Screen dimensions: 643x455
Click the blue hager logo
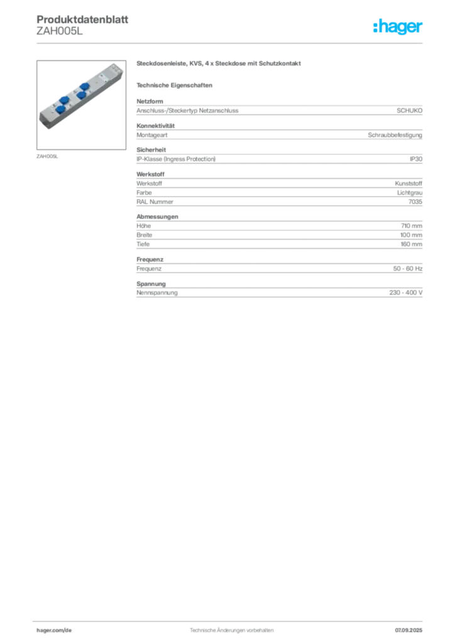click(x=398, y=28)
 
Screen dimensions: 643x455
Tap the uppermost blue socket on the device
click(x=84, y=86)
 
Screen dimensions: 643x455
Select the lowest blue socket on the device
click(x=60, y=110)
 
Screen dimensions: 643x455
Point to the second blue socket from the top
click(x=81, y=95)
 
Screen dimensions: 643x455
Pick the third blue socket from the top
click(x=63, y=100)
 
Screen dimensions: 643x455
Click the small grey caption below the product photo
click(x=48, y=156)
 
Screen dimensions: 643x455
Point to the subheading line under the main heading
click(x=177, y=85)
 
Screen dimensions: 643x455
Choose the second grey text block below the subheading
click(x=278, y=132)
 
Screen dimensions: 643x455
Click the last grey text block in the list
click(x=278, y=293)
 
